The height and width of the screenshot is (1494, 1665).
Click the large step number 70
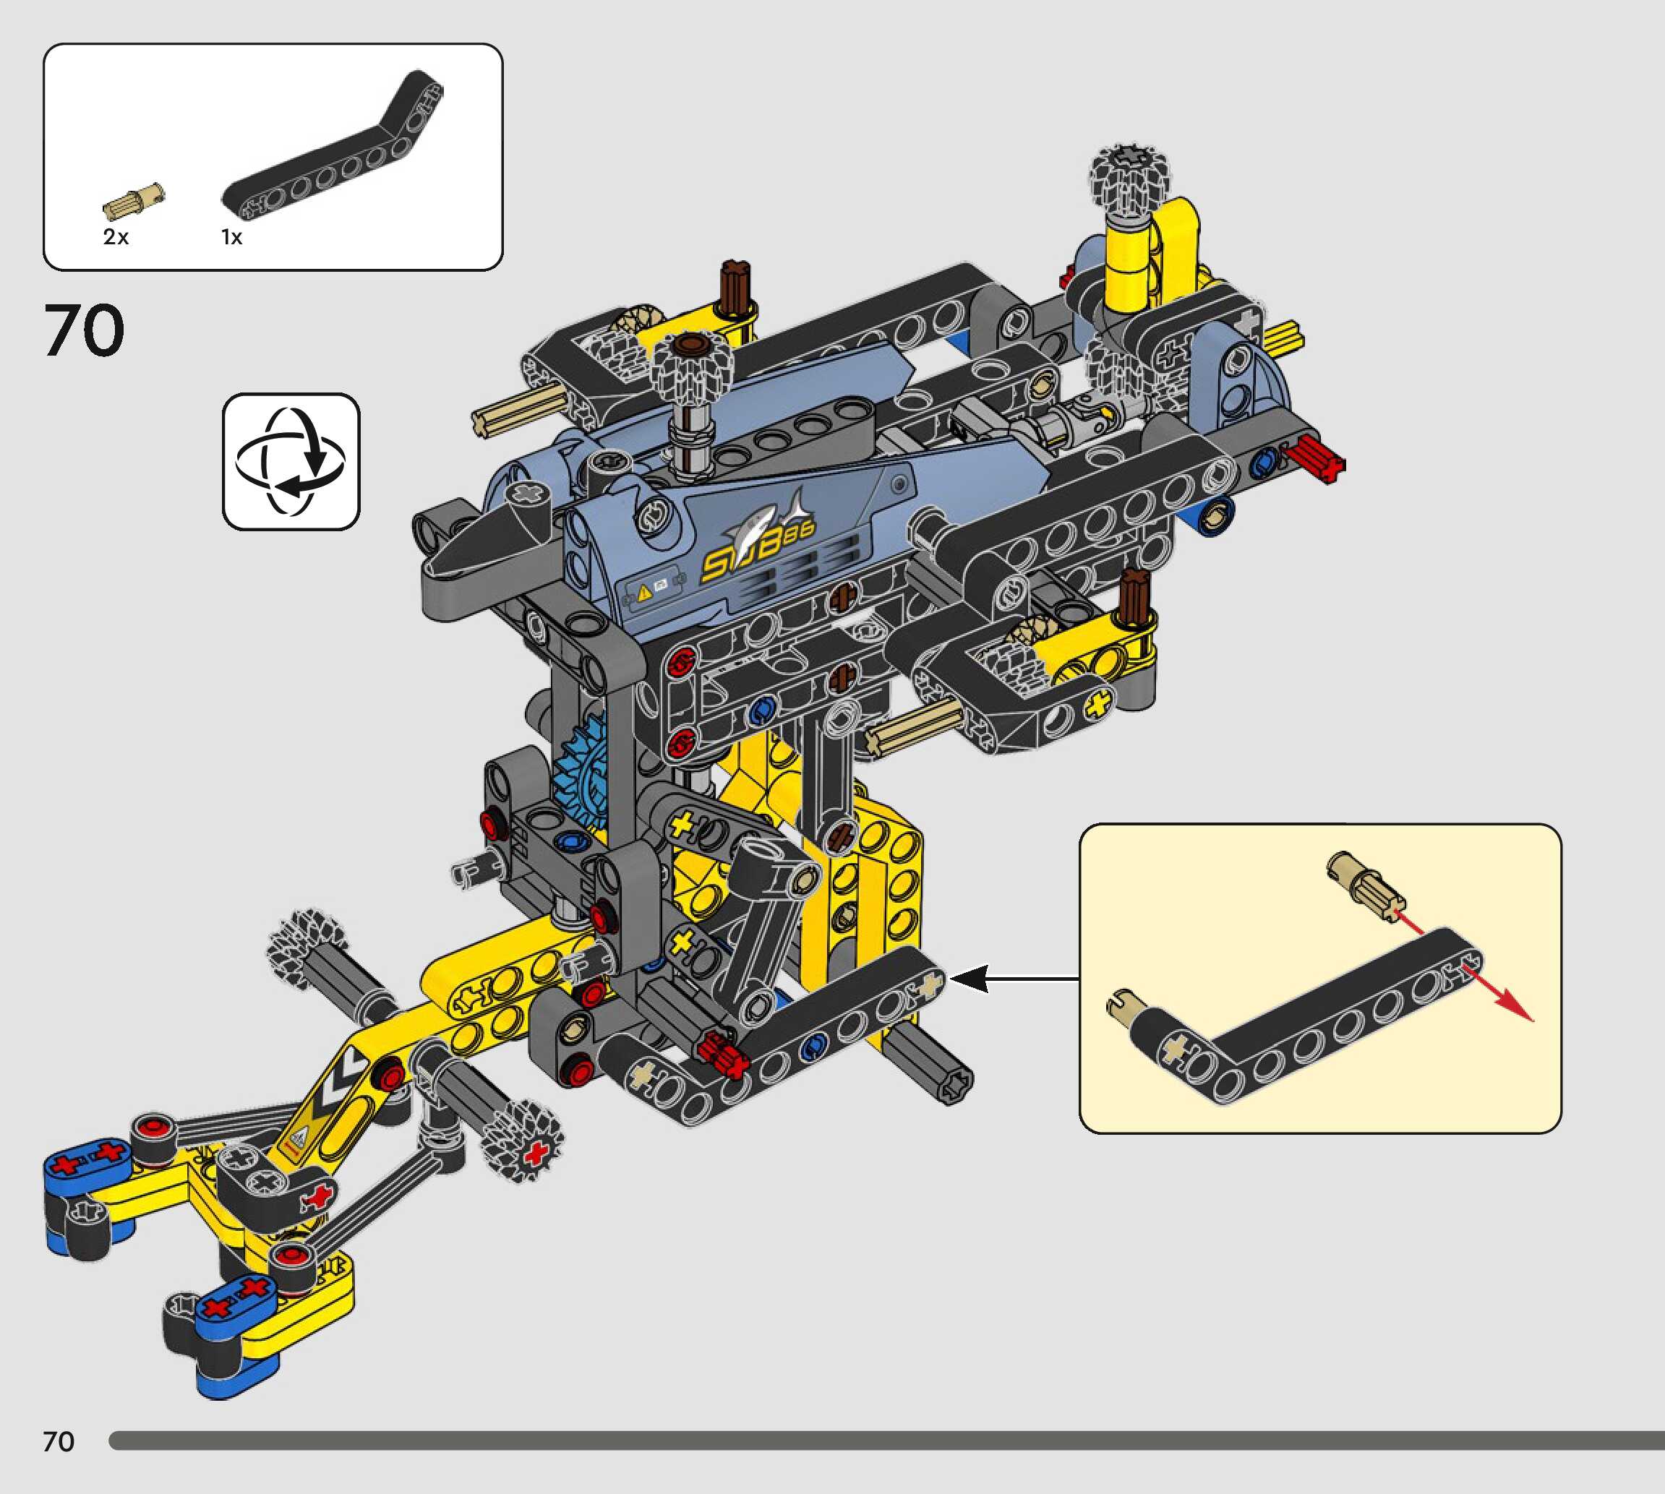(x=84, y=330)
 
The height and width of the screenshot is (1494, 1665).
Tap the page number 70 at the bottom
(x=59, y=1441)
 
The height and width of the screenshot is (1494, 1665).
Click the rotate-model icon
(x=291, y=461)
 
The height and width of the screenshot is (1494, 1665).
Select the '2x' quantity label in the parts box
(x=116, y=237)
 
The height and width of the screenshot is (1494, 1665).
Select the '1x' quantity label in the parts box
(x=231, y=237)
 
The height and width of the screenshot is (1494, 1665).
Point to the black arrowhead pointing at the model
(x=969, y=979)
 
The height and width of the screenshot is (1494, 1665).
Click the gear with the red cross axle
(x=524, y=1143)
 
